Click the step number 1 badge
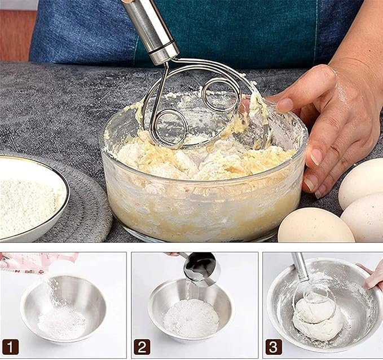click(10, 347)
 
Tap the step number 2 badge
click(142, 347)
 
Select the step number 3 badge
click(274, 347)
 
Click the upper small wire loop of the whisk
click(221, 95)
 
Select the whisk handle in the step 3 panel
click(301, 267)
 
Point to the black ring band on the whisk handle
click(162, 48)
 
